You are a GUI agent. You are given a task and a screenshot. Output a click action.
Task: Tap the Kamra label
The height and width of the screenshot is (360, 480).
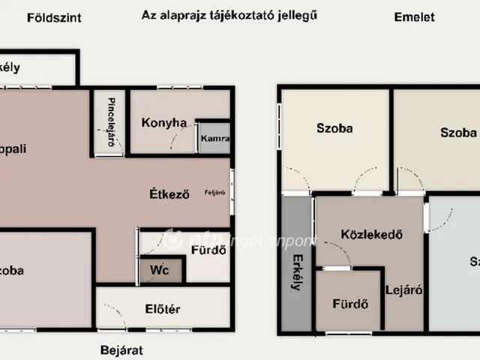[214, 139]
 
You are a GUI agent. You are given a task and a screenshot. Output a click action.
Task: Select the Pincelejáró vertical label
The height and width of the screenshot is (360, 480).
[111, 121]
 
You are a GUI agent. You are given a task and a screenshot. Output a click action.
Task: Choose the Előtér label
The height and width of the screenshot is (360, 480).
[162, 309]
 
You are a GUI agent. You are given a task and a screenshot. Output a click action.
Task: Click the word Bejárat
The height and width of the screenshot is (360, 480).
[121, 349]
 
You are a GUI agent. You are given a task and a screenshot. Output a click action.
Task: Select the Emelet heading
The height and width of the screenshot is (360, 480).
[414, 16]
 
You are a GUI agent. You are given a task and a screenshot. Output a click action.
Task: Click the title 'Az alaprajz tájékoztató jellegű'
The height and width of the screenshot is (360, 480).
[229, 15]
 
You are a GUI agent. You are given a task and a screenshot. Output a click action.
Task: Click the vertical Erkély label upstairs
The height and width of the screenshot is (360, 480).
[297, 274]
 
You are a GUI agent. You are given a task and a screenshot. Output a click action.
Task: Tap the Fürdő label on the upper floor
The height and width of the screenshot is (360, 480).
[349, 304]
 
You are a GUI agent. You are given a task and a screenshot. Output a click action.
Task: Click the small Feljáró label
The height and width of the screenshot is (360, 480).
[214, 193]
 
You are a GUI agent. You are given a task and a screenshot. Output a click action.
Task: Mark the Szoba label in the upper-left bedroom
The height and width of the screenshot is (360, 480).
[334, 128]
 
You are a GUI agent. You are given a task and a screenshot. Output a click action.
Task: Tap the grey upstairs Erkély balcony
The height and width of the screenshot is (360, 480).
[296, 247]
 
